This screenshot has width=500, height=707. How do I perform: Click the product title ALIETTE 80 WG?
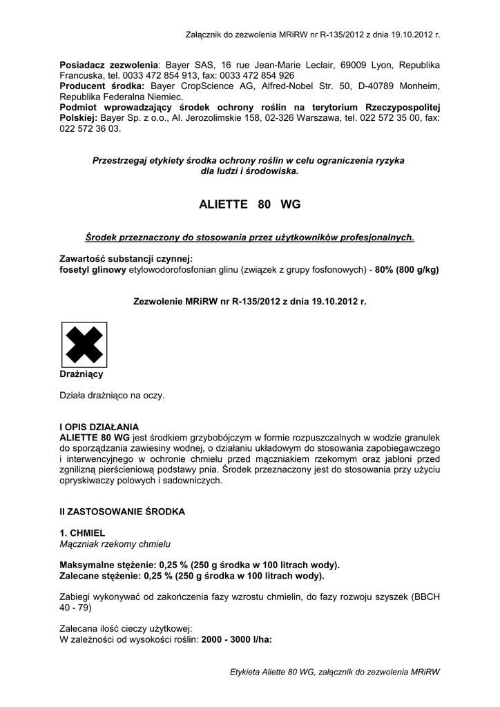[249, 205]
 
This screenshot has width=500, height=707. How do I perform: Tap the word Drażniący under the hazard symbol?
[81, 374]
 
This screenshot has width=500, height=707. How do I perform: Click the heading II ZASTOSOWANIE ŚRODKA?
[122, 512]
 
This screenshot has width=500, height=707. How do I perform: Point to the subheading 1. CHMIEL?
[82, 534]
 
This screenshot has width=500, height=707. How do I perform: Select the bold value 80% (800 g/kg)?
[407, 269]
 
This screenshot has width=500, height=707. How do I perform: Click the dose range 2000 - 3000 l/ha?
[237, 639]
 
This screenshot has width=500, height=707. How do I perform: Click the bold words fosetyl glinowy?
[93, 269]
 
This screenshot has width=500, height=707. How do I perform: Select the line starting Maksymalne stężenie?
[200, 564]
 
